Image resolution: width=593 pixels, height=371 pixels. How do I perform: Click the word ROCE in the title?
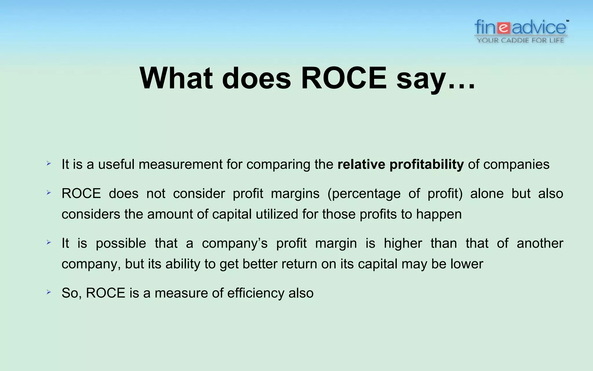[344, 78]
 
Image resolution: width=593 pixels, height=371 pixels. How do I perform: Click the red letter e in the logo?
[504, 28]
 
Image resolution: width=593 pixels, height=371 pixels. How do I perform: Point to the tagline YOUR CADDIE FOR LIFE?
[520, 40]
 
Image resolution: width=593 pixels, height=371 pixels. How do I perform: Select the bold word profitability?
[427, 165]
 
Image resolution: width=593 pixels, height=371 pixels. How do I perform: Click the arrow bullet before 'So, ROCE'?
[49, 292]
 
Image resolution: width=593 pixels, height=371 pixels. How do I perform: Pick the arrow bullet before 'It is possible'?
[49, 242]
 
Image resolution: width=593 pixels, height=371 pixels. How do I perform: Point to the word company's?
[235, 243]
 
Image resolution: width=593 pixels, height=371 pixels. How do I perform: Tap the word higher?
[403, 243]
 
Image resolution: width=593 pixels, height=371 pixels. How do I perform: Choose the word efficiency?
[256, 293]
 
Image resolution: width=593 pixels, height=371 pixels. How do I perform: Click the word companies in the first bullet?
[516, 165]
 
